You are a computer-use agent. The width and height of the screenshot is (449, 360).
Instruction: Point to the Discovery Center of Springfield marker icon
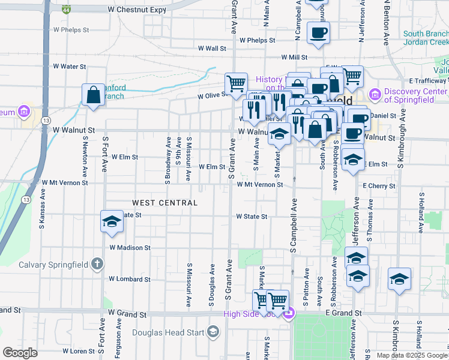tap(376, 94)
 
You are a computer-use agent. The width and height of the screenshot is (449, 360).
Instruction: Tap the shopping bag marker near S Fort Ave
tap(93, 95)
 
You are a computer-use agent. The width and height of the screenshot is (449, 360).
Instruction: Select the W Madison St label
tap(130, 247)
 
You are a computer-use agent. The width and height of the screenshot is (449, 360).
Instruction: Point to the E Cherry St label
tap(379, 186)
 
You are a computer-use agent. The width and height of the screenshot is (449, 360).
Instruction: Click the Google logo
tap(20, 353)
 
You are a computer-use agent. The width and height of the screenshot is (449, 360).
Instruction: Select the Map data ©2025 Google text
tap(411, 355)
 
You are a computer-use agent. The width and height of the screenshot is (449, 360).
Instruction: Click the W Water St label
tap(70, 67)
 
